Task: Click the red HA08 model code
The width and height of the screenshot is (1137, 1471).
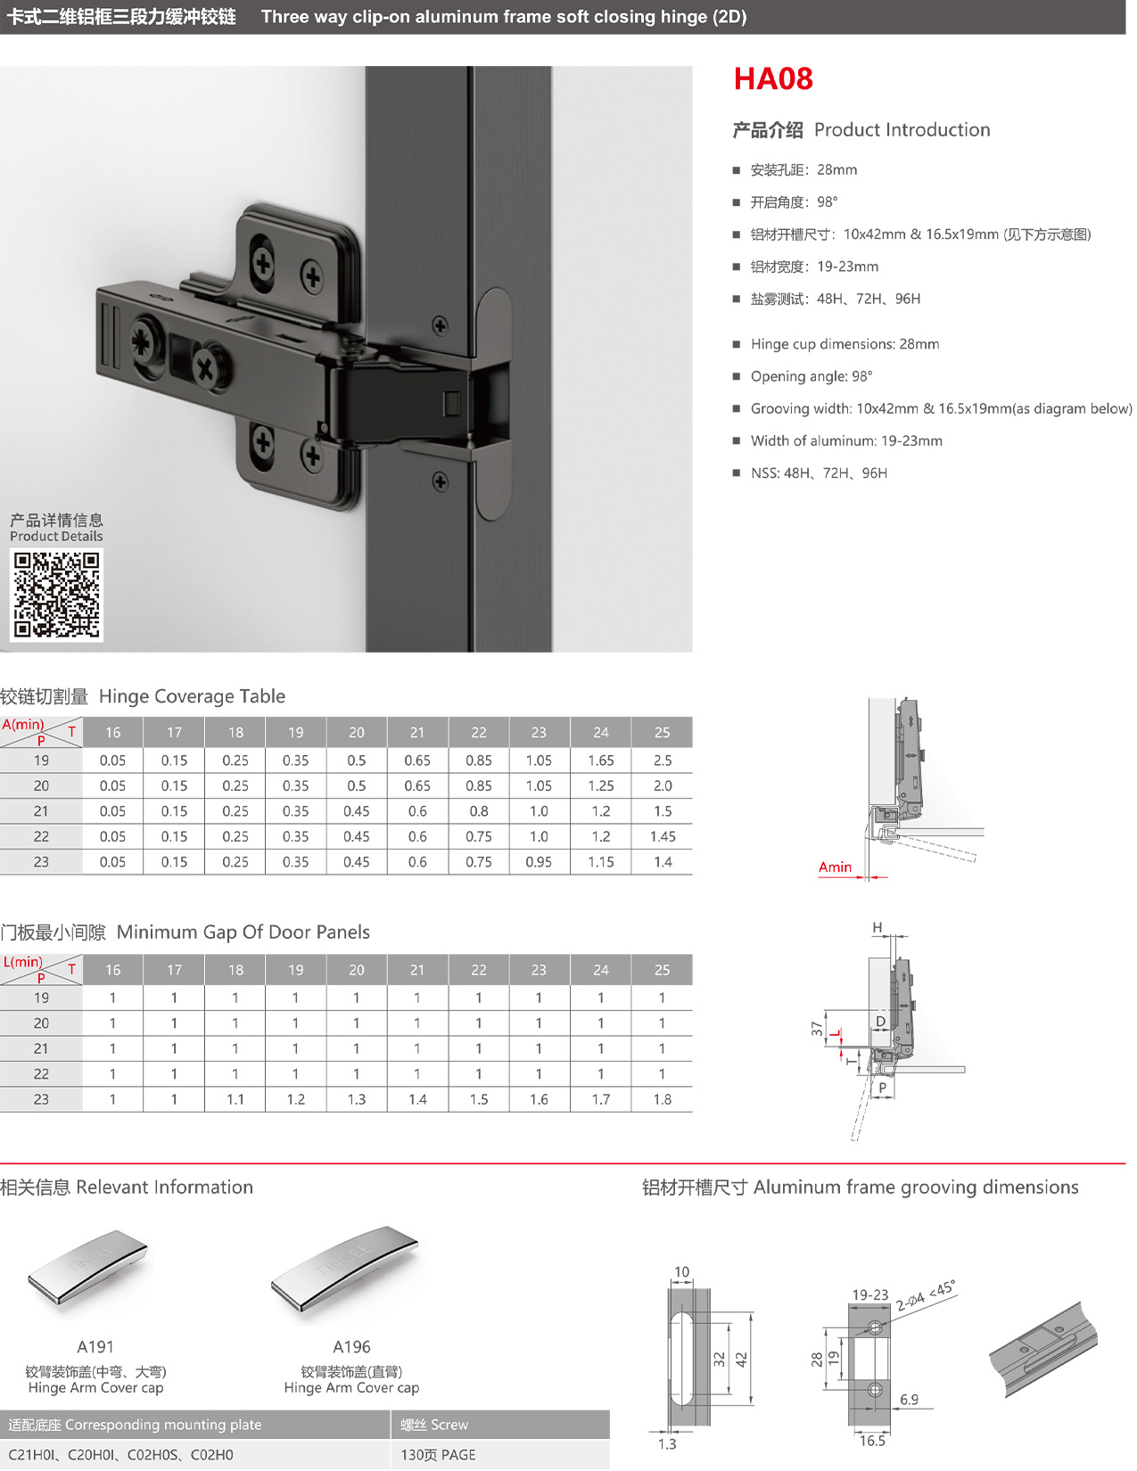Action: tap(773, 79)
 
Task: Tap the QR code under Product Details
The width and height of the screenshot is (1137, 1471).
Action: tap(56, 595)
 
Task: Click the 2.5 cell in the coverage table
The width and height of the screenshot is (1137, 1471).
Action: tap(662, 760)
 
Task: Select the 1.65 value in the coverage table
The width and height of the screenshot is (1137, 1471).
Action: tap(601, 760)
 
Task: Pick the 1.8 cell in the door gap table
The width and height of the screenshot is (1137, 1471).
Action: tap(662, 1099)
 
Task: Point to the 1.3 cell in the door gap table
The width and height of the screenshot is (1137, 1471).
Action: tap(357, 1099)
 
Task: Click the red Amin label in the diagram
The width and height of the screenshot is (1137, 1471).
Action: tap(835, 867)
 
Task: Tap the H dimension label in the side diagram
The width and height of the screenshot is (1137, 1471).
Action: tap(877, 928)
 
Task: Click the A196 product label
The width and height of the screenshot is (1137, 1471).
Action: tap(351, 1347)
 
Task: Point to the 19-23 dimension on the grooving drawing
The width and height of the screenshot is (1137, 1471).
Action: tap(869, 1294)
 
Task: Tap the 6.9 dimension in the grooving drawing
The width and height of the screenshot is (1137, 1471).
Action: tap(909, 1400)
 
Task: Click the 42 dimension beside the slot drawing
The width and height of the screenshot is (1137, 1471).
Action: tap(741, 1360)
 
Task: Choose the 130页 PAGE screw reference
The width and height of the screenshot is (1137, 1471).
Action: tap(438, 1455)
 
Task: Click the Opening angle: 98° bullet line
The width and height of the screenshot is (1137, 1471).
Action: tap(812, 376)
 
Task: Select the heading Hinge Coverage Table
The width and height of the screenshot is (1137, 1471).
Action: tap(192, 696)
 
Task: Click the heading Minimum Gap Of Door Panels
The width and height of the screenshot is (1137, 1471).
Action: tap(243, 932)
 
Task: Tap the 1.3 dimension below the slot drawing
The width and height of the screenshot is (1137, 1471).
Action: tap(667, 1444)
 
